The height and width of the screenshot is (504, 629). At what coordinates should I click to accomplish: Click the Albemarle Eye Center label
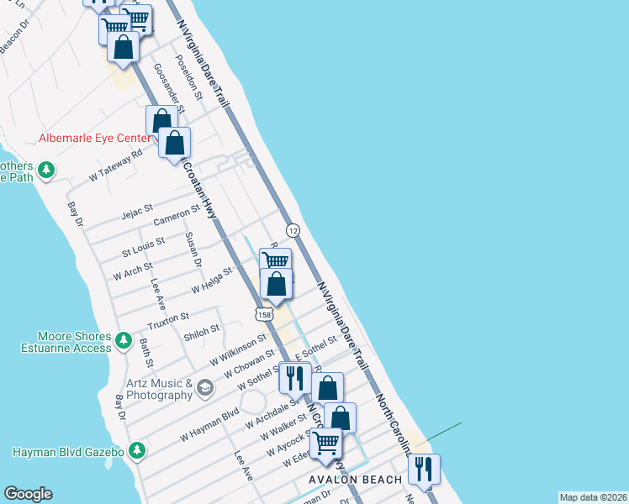94,138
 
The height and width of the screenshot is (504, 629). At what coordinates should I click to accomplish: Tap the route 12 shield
293,229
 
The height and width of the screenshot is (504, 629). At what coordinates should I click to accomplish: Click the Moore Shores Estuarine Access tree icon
124,340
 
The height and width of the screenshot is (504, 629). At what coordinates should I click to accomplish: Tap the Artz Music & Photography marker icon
205,387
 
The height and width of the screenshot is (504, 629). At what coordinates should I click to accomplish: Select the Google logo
28,494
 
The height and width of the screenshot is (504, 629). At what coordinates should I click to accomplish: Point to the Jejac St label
137,207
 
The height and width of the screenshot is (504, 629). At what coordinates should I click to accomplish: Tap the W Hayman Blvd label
209,425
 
